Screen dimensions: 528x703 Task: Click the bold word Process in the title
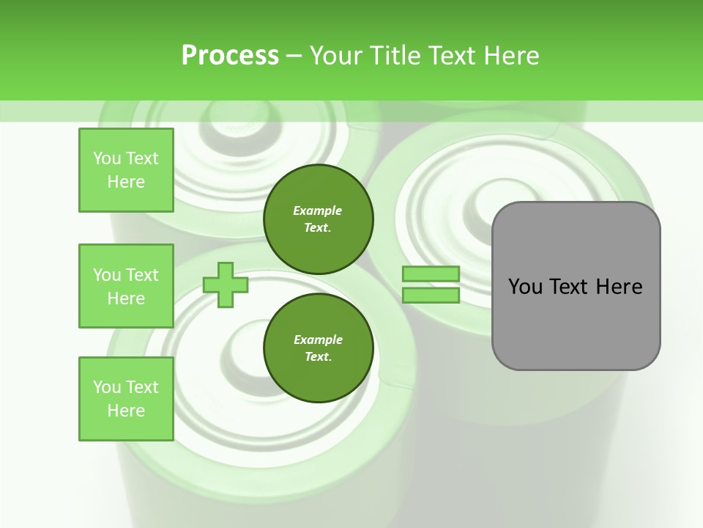point(230,56)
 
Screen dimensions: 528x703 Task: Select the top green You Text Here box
point(126,170)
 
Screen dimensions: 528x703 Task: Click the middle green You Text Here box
point(126,286)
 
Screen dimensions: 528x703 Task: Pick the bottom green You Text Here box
point(126,399)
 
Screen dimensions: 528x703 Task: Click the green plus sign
point(226,285)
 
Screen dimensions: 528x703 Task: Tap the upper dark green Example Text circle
point(318,219)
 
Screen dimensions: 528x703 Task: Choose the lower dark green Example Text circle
point(318,348)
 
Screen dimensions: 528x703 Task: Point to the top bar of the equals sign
point(431,274)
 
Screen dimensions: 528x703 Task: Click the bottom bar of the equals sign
point(431,296)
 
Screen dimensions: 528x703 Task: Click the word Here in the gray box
point(619,287)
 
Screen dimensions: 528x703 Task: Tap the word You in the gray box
point(525,287)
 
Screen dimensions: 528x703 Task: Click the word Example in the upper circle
point(318,210)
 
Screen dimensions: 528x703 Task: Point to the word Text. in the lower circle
point(318,357)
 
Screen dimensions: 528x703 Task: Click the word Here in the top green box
point(126,182)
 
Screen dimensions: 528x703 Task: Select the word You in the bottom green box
point(107,387)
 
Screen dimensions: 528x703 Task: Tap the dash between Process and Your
point(294,56)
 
